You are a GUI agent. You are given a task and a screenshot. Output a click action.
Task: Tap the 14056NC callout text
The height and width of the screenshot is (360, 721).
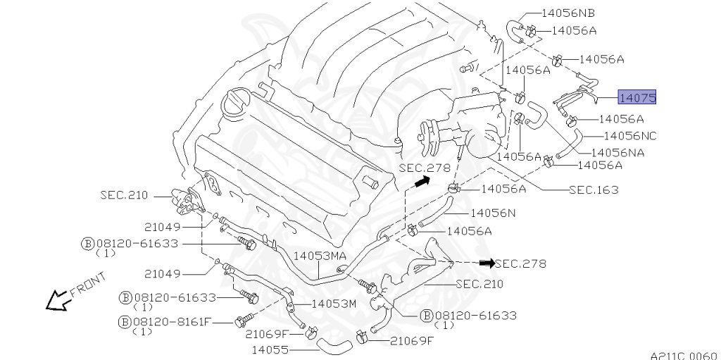(629, 135)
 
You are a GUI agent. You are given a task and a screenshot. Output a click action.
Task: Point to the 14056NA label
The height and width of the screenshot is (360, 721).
(617, 151)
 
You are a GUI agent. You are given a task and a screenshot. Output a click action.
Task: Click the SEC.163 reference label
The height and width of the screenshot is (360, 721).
(594, 190)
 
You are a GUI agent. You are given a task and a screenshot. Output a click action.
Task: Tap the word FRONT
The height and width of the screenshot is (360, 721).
(88, 285)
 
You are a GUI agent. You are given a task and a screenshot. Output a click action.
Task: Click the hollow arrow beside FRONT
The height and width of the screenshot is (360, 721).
(56, 302)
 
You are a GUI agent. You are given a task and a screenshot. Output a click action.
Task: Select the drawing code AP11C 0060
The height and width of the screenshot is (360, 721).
(682, 356)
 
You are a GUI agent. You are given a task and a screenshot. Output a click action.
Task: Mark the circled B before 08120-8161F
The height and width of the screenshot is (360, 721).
(125, 322)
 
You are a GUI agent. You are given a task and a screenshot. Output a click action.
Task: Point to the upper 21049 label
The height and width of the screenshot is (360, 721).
(163, 227)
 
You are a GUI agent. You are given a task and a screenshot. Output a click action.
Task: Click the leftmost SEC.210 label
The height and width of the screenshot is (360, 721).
(123, 195)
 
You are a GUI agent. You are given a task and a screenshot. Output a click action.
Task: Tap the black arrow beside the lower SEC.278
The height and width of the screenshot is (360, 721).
(487, 263)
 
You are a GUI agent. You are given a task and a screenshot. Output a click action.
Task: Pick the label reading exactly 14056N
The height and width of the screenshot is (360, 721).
(492, 211)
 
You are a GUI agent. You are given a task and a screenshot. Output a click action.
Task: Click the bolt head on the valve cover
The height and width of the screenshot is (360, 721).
(371, 185)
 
